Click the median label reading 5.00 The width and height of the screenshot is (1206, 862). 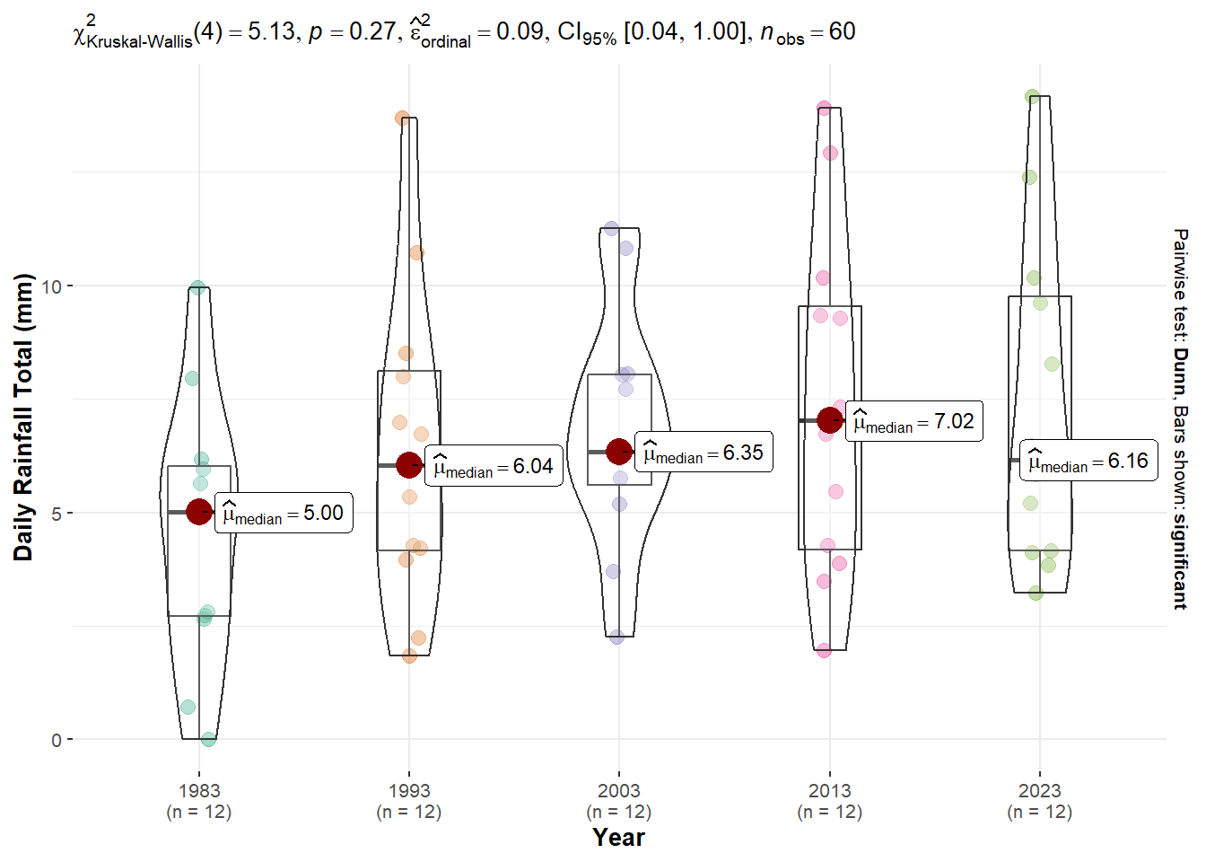pos(284,513)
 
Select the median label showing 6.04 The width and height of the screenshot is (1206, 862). pos(494,466)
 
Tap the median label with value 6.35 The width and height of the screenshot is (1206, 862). pos(703,453)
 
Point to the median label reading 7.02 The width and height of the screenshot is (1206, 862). pos(913,421)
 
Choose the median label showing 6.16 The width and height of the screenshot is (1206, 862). pos(1088,461)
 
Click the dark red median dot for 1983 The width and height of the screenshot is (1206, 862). pos(199,512)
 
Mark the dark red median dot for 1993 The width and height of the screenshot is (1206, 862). pos(409,465)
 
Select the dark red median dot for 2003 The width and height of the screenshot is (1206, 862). pos(619,451)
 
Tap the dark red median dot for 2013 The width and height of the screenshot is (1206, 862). pos(830,419)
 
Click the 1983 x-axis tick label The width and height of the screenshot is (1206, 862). pos(199,791)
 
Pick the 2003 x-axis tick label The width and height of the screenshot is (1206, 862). pos(619,791)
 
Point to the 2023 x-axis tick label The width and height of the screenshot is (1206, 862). pos(1039,791)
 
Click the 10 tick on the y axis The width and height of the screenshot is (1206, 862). pos(51,286)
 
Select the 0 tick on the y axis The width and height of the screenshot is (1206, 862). pos(57,740)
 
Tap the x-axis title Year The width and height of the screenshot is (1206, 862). pos(618,838)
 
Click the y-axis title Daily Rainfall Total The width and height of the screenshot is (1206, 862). pos(23,417)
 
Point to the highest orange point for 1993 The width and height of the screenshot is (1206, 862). pos(403,119)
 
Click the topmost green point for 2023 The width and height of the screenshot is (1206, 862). pos(1033,97)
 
